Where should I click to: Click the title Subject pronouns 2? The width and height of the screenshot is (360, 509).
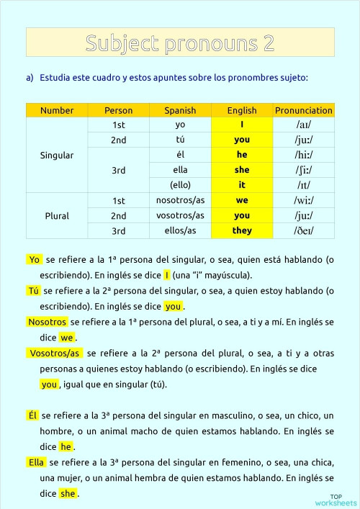pos(180,43)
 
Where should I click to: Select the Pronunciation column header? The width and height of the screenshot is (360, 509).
pos(303,111)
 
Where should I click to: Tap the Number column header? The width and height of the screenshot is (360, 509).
pos(57,111)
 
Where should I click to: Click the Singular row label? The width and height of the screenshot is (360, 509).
pos(57,155)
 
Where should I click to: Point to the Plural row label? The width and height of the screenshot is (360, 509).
pos(57,215)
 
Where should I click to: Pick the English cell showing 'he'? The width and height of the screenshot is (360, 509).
pos(242,155)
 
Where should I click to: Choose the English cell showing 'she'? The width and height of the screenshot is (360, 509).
pos(242,170)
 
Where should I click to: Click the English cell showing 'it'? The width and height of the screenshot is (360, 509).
pos(242,185)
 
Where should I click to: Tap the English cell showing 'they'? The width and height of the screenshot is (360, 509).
pos(242,230)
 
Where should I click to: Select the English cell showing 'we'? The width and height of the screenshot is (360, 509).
pos(242,200)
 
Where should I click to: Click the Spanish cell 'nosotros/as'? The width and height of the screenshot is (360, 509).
pos(180,200)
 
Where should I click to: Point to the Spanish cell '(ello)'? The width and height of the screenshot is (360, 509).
pos(180,185)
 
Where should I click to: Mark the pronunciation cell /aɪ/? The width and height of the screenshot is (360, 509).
pos(303,125)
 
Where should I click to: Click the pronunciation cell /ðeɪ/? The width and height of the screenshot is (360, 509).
pos(303,230)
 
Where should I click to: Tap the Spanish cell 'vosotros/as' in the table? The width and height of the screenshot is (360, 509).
pos(180,215)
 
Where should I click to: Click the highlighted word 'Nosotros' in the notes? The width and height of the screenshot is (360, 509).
pos(47,322)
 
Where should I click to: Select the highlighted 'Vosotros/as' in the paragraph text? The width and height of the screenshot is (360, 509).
pos(55,353)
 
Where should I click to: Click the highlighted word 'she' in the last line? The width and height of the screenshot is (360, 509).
pos(68,494)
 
